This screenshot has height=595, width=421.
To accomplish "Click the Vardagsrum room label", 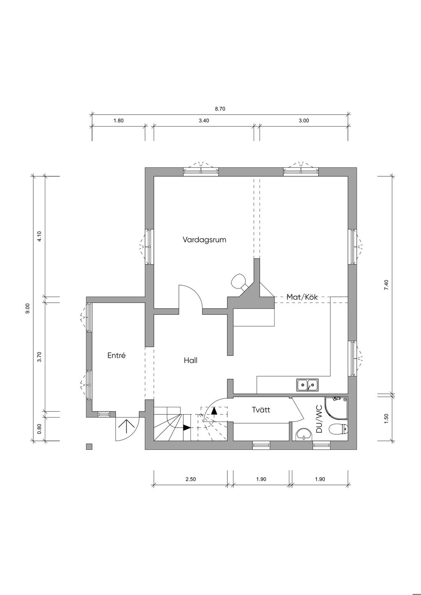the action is (204, 240).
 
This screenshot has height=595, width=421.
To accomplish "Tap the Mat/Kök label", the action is (302, 297).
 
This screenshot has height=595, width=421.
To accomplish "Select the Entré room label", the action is (116, 355).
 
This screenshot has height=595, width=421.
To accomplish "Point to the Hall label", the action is (191, 360).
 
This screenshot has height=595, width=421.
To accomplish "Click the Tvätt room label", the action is (261, 410).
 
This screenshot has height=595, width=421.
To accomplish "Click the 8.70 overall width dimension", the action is (220, 108).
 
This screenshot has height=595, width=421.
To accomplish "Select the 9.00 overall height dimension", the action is (28, 309).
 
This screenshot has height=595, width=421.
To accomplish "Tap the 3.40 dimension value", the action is (204, 120).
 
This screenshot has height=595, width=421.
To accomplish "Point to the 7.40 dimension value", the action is (386, 285).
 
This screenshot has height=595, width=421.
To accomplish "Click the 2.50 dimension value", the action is (191, 479).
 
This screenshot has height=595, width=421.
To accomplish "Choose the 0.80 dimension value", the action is (39, 428).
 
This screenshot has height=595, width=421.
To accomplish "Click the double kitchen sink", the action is (308, 385).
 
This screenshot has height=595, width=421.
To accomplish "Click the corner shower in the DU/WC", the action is (336, 409).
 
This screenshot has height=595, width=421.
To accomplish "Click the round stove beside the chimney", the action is (239, 281).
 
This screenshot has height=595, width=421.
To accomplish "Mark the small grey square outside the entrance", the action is (89, 447).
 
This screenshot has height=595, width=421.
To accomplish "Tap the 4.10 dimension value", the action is (39, 236).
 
